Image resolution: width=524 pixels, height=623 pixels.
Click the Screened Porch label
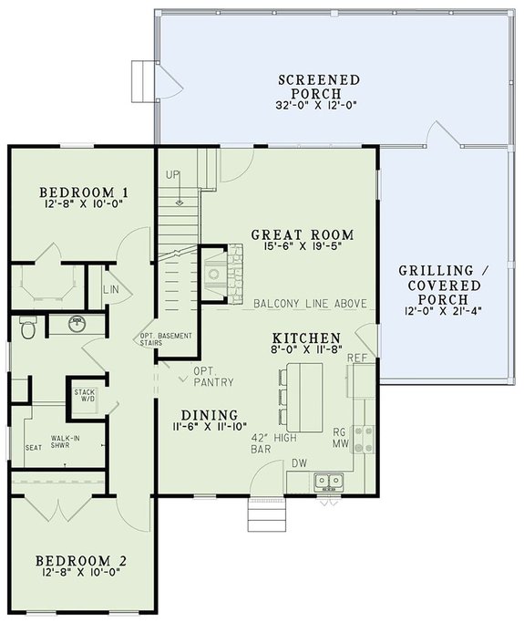[x=318, y=86]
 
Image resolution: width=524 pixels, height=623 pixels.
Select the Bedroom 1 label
[x=82, y=192]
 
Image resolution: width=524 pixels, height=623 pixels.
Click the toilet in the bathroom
[x=26, y=327]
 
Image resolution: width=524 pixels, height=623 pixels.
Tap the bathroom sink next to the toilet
[x=78, y=323]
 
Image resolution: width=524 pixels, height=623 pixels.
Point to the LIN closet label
[x=110, y=289]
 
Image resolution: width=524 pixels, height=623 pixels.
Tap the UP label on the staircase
[x=172, y=174]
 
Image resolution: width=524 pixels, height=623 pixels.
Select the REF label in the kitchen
[x=357, y=358]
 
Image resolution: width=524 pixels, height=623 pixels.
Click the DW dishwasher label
[x=298, y=463]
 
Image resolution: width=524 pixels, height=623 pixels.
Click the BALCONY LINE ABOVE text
[x=310, y=304]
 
